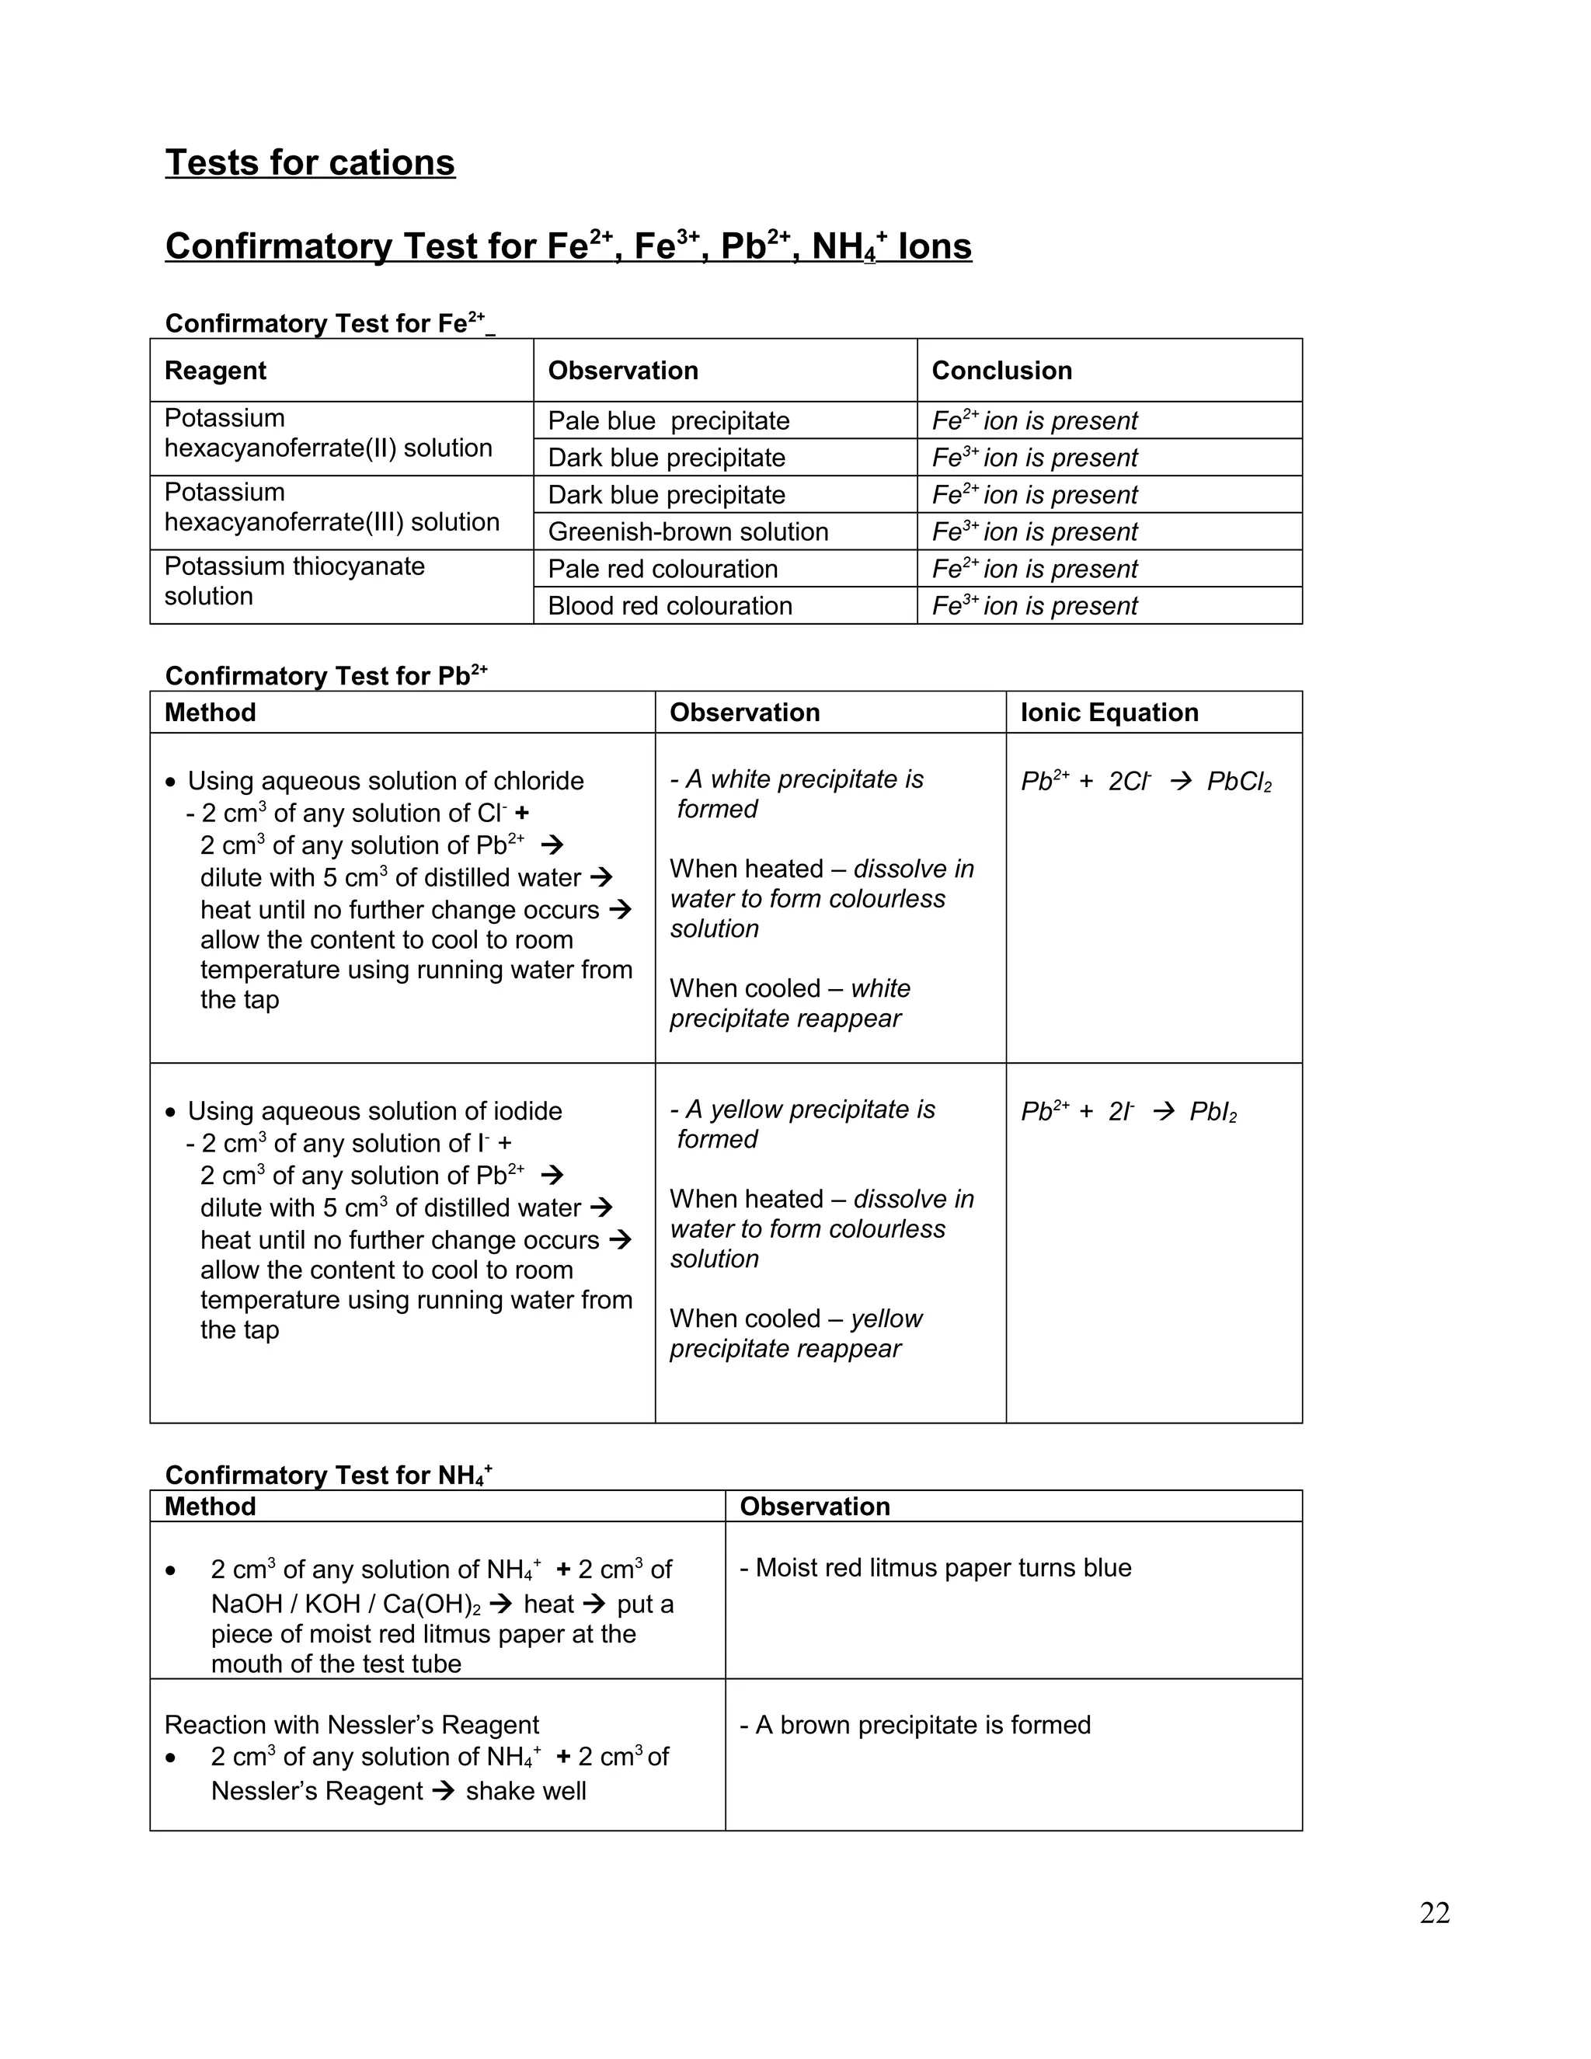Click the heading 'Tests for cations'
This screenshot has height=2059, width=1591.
coord(310,163)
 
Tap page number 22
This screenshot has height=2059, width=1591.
coord(1433,1913)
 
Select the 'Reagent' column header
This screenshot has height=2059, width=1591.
coord(216,371)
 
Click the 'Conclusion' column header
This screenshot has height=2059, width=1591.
coord(1001,371)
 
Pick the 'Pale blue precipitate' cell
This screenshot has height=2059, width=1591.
coord(668,420)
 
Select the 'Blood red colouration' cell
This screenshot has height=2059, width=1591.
coord(669,605)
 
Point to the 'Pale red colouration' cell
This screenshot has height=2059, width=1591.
coord(663,569)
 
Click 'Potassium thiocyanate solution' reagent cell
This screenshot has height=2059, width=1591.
coord(294,580)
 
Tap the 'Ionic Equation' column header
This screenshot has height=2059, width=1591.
coord(1109,712)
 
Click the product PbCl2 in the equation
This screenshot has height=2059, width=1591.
coord(1238,782)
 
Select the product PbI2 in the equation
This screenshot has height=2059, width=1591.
coord(1212,1112)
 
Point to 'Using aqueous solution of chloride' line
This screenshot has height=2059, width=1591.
coord(385,781)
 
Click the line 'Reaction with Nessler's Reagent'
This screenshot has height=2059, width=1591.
coord(352,1725)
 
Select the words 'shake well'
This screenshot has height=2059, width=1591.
coord(525,1791)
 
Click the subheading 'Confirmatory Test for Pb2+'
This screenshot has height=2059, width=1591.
coord(326,676)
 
